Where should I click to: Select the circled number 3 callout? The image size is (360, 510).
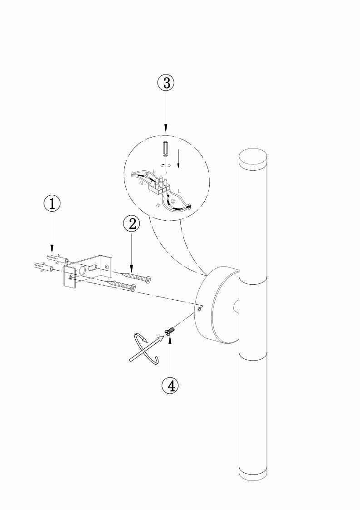(166, 83)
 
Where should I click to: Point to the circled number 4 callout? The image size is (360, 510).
(170, 385)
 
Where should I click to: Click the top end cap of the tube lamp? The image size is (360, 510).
(253, 158)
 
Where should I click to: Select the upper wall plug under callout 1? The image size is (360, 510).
(58, 260)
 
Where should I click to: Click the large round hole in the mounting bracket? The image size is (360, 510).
(84, 272)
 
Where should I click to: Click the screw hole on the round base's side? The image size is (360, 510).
(200, 309)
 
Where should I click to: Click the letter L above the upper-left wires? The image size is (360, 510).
(155, 170)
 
